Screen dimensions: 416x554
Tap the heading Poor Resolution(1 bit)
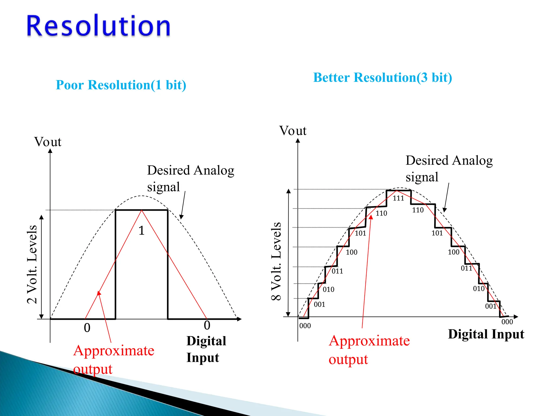pyautogui.click(x=121, y=85)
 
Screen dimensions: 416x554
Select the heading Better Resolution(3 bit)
pyautogui.click(x=382, y=78)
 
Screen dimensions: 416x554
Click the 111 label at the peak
pyautogui.click(x=398, y=198)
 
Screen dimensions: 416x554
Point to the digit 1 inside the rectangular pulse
pyautogui.click(x=141, y=231)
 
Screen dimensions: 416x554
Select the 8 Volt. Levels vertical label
pyautogui.click(x=276, y=261)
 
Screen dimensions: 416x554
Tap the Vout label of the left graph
pyautogui.click(x=48, y=142)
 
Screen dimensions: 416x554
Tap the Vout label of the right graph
pyautogui.click(x=293, y=131)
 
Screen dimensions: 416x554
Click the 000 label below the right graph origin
pyautogui.click(x=305, y=326)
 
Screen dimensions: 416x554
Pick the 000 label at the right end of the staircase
pyautogui.click(x=507, y=322)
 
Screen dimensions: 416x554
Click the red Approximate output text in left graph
pyautogui.click(x=114, y=359)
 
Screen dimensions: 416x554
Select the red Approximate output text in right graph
pyautogui.click(x=369, y=350)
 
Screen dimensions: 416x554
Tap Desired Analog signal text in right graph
pyautogui.click(x=449, y=168)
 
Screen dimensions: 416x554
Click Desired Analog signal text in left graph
pyautogui.click(x=190, y=178)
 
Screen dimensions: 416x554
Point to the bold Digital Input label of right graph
pyautogui.click(x=486, y=334)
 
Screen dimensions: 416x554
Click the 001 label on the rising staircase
pyautogui.click(x=319, y=304)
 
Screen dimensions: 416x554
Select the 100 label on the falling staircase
pyautogui.click(x=453, y=252)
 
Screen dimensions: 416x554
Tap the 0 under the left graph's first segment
pyautogui.click(x=87, y=328)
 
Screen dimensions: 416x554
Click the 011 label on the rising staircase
pyautogui.click(x=337, y=271)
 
